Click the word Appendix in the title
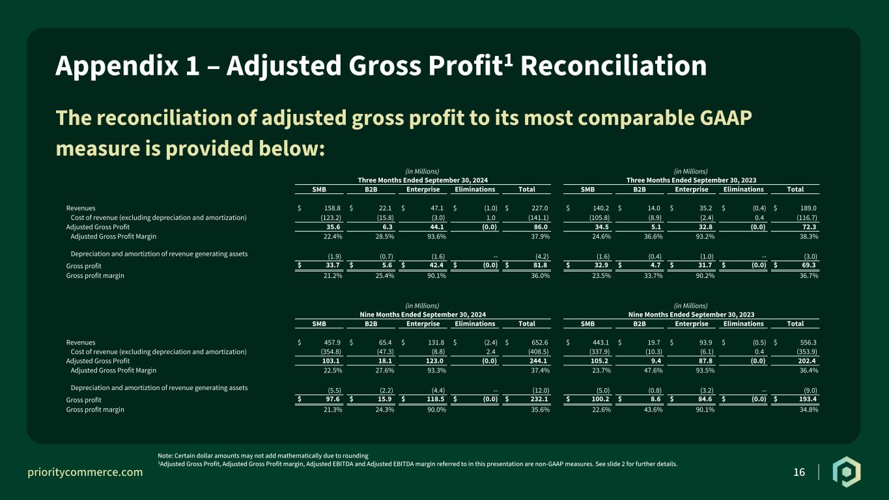pos(117,66)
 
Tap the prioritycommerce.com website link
pos(85,472)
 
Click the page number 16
pos(799,472)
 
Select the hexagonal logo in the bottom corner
pos(847,472)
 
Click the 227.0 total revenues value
pos(540,208)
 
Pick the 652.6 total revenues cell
pos(540,342)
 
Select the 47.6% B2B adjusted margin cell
pos(653,370)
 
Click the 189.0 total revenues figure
pos(808,208)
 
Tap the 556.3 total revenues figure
pos(808,342)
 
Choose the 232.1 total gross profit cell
pos(539,399)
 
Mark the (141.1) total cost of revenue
pos(539,217)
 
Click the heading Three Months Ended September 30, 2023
pos(692,180)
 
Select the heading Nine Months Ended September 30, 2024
pos(423,314)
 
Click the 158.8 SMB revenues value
pos(332,208)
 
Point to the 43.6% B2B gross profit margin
pos(653,410)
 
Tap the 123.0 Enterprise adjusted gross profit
pos(434,361)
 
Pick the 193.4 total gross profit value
pos(808,399)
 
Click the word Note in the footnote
pos(165,456)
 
